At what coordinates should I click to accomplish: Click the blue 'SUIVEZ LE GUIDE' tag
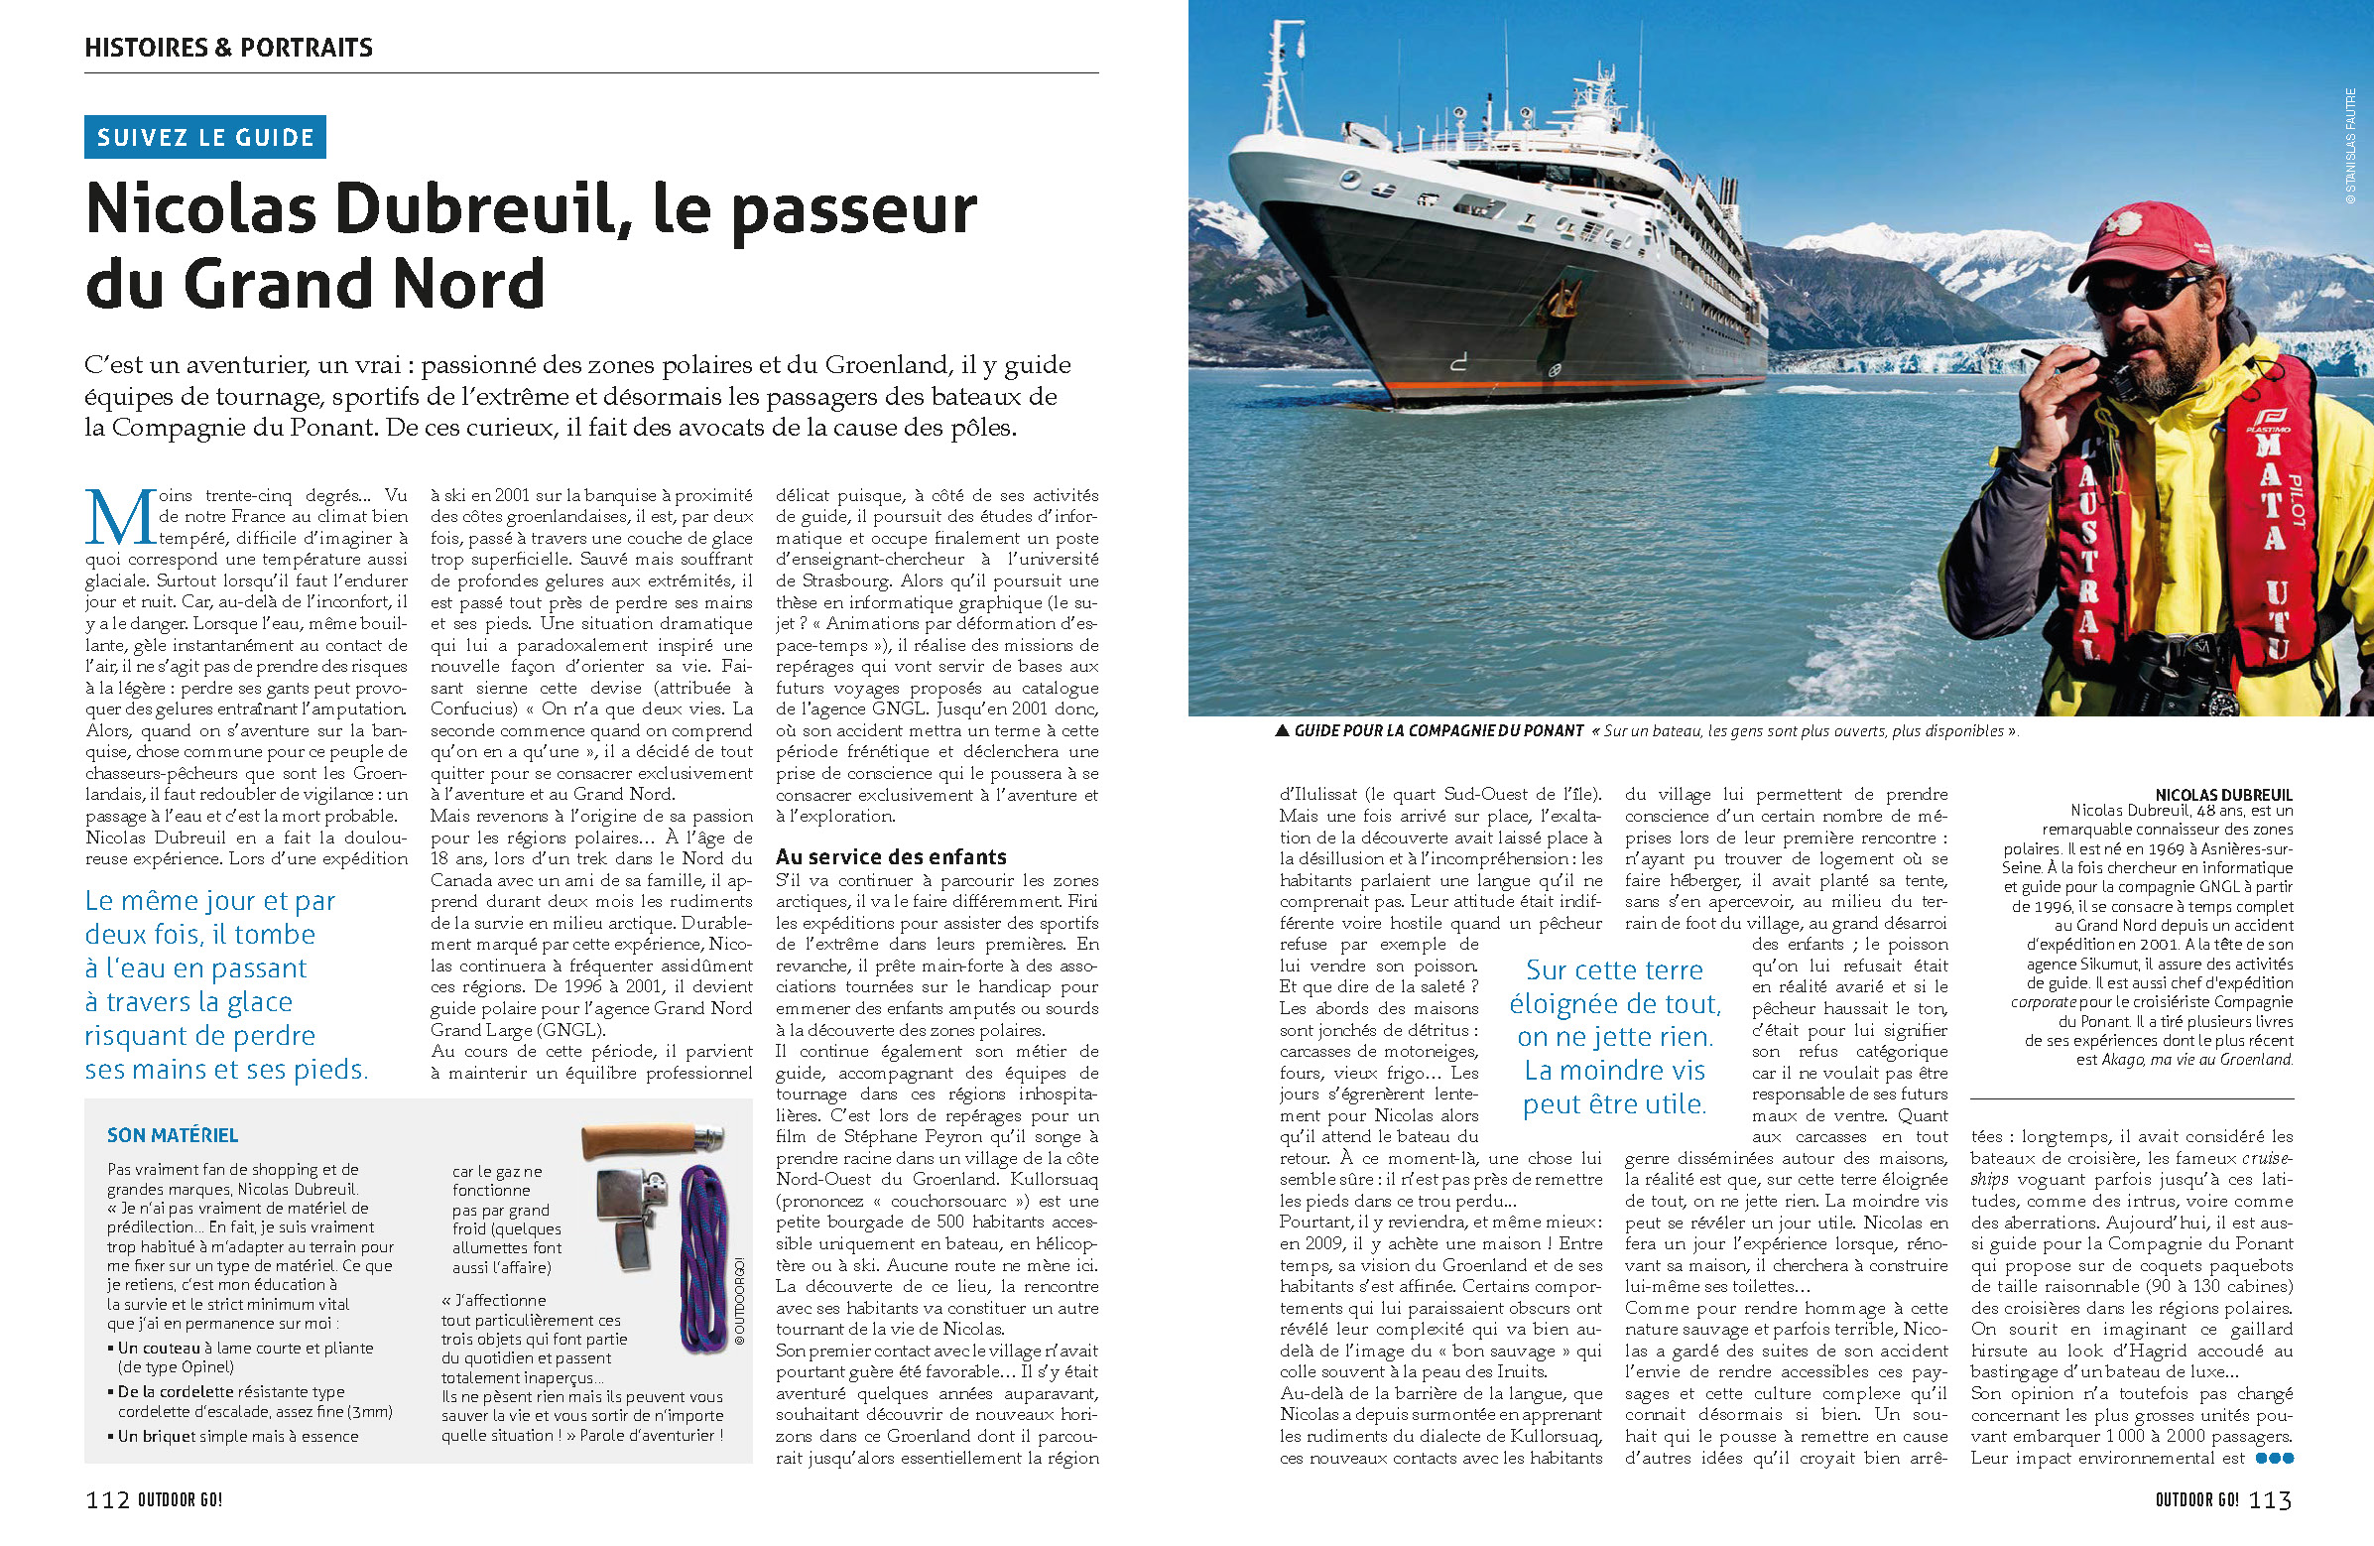tap(205, 138)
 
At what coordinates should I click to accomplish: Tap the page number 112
tap(108, 1499)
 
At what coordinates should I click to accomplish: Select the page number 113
tap(2269, 1499)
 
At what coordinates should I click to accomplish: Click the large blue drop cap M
tap(120, 518)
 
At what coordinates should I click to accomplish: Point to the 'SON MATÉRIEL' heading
tap(173, 1135)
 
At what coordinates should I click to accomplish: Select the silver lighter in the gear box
tap(628, 1222)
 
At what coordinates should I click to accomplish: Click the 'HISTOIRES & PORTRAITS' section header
tap(228, 47)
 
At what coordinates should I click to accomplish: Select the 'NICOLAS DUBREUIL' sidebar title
tap(2223, 795)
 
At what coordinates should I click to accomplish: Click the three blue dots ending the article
tap(2274, 1459)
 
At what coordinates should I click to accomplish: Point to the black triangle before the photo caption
tap(1282, 731)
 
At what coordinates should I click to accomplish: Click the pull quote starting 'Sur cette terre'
tap(1614, 1037)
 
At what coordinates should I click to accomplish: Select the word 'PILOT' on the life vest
tap(2295, 500)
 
